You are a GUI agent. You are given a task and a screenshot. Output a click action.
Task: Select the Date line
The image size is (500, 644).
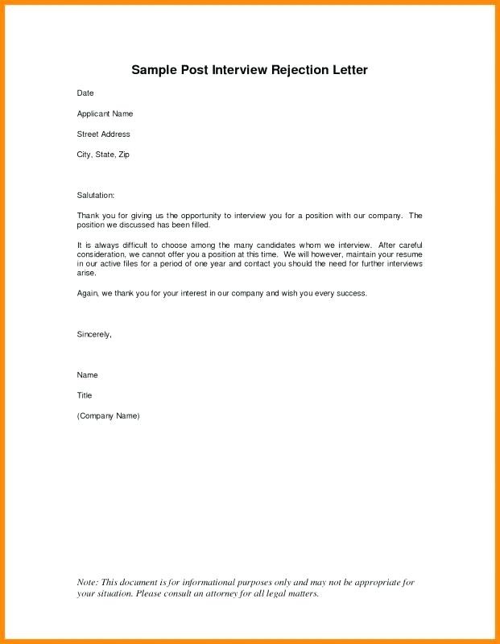(x=85, y=93)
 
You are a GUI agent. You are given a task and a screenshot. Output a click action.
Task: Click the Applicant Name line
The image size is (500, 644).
(x=105, y=114)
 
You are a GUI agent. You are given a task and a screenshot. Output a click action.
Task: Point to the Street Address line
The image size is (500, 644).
(x=103, y=134)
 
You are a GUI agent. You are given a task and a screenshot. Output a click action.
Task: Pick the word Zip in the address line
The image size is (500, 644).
(x=124, y=154)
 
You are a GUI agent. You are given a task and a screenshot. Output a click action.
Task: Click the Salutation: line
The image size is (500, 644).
(x=96, y=196)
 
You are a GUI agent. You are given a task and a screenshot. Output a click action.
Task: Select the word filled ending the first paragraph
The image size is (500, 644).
(x=199, y=225)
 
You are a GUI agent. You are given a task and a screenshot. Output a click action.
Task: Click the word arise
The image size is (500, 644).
(x=86, y=273)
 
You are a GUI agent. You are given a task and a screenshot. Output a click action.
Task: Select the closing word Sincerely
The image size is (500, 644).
(x=93, y=333)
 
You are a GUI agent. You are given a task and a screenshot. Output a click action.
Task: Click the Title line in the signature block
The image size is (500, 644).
(x=85, y=395)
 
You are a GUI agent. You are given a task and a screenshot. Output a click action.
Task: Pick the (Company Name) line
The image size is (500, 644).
(x=108, y=415)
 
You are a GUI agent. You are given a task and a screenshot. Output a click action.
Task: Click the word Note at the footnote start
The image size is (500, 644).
(x=87, y=582)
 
